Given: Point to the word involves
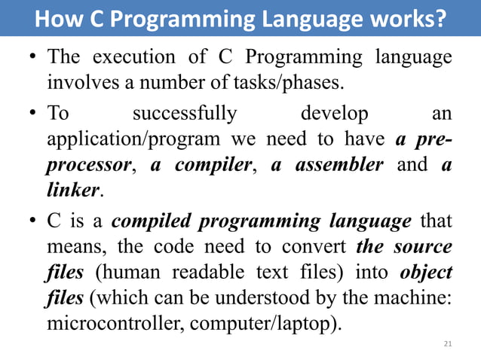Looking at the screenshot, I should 77,81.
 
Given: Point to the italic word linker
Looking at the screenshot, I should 72,189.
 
